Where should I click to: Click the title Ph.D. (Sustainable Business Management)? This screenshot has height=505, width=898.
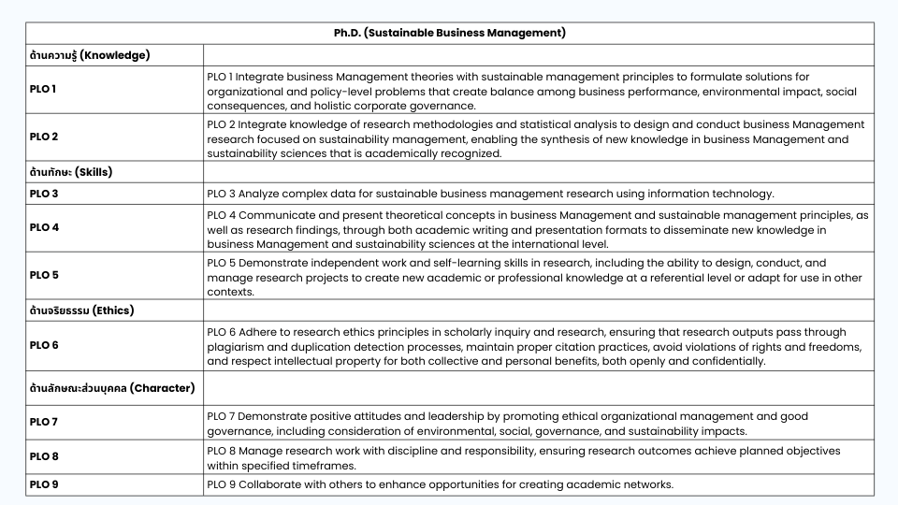pos(449,33)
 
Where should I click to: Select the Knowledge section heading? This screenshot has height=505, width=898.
pos(90,55)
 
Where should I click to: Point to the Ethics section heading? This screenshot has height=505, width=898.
pos(82,310)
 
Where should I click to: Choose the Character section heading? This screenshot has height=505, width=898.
pos(111,387)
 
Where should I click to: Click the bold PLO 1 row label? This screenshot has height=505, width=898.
pos(44,90)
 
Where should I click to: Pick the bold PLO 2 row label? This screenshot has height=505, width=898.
pos(44,137)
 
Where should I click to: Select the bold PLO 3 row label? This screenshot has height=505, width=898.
pos(44,194)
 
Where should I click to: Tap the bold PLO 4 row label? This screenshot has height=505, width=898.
pos(44,227)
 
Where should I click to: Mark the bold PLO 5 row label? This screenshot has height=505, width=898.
pos(44,276)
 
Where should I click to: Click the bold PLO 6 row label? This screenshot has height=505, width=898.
pos(44,345)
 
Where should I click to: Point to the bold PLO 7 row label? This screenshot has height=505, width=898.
pos(44,422)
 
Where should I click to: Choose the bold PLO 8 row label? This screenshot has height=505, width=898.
pos(44,456)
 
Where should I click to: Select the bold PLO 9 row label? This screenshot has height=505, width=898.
pos(44,484)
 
